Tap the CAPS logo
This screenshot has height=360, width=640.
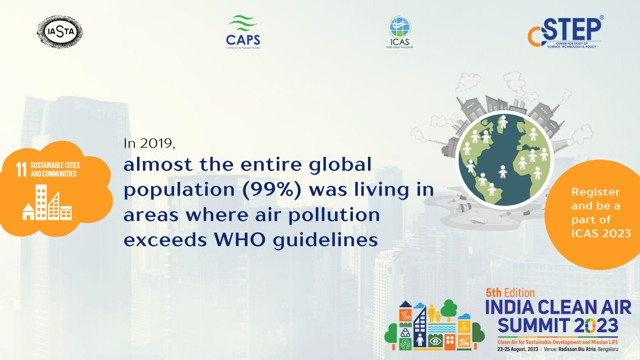pos(243,32)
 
